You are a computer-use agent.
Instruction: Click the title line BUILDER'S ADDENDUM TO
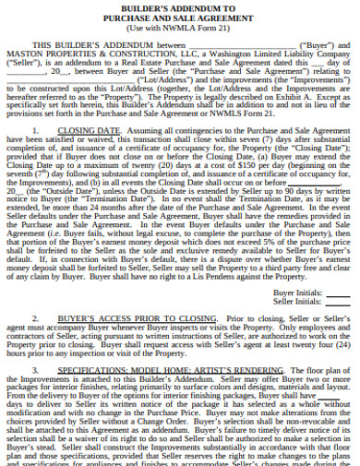180,6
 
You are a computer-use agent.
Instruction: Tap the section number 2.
36,317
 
